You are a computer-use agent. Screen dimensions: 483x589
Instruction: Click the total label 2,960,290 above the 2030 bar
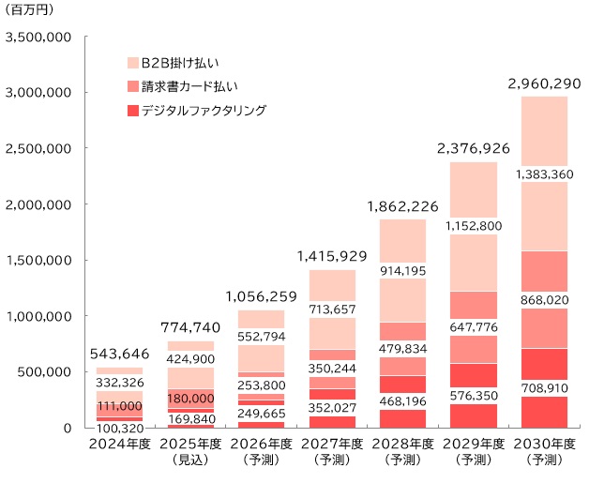pyautogui.click(x=537, y=84)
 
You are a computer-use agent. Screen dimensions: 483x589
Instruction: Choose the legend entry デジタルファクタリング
pyautogui.click(x=204, y=111)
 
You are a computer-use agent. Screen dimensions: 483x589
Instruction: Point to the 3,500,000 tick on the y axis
pyautogui.click(x=39, y=38)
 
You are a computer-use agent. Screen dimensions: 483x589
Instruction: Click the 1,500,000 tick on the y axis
pyautogui.click(x=39, y=261)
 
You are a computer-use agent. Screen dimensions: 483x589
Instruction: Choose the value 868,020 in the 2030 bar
pyautogui.click(x=544, y=299)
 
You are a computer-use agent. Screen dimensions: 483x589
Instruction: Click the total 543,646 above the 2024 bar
pyautogui.click(x=119, y=355)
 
